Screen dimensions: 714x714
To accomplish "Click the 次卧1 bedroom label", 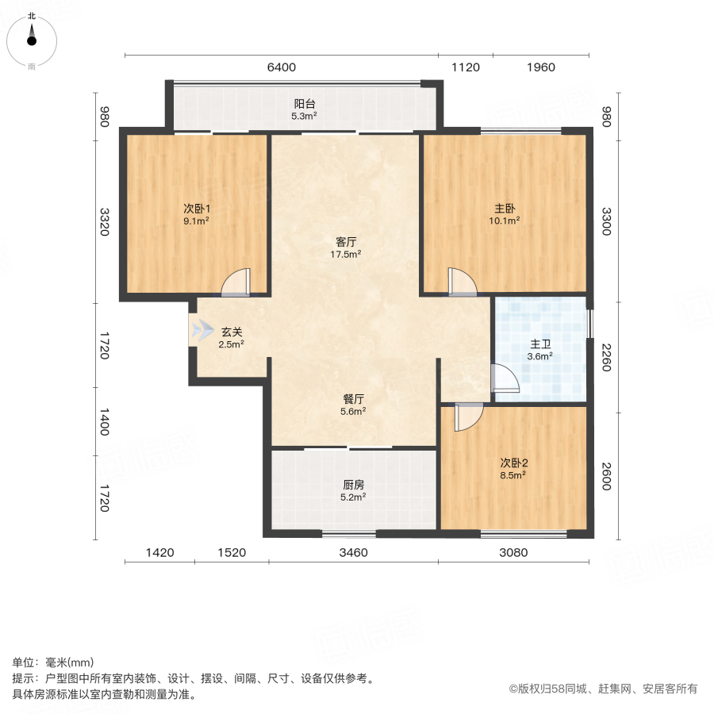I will click(x=196, y=209).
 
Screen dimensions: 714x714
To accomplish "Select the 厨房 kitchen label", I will click(x=354, y=485).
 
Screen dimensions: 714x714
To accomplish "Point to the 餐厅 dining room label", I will click(x=354, y=398).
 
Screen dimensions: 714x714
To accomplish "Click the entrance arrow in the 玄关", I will click(x=202, y=329).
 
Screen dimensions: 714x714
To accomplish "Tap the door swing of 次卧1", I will click(x=236, y=282).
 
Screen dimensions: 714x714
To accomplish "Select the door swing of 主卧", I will click(x=461, y=282).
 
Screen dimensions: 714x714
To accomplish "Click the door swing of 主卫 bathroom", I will click(x=504, y=379).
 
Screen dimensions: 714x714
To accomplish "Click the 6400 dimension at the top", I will click(x=281, y=67).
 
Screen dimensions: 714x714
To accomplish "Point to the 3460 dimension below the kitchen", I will click(x=353, y=552).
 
